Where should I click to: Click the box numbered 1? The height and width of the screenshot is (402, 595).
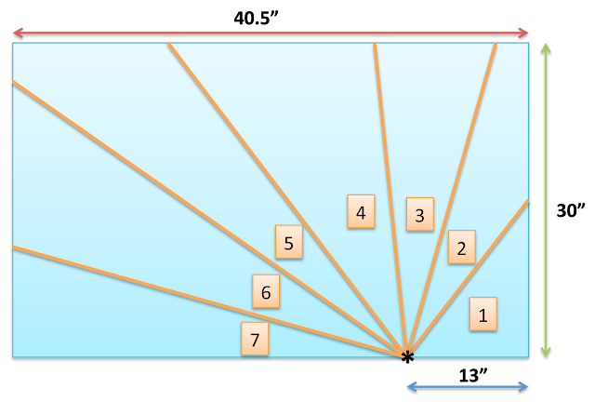[x=483, y=314]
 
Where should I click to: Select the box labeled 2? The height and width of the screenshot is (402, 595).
[x=461, y=248]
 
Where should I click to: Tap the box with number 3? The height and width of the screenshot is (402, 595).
[x=419, y=215]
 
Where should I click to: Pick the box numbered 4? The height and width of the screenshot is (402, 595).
[x=361, y=211]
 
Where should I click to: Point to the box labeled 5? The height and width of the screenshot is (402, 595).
[x=288, y=242]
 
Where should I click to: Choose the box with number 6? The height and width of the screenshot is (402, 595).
[x=266, y=291]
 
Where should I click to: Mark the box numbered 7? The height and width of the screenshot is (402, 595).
[x=255, y=339]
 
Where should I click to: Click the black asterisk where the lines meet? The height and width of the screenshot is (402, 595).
[x=406, y=354]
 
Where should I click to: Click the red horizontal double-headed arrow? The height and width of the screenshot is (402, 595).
[x=270, y=33]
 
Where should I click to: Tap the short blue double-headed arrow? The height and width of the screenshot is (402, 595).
[x=468, y=386]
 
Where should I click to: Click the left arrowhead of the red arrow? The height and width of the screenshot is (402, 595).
[x=17, y=33]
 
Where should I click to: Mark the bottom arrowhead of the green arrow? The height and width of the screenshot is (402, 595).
[x=546, y=352]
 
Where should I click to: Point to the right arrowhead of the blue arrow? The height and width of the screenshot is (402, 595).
[x=524, y=386]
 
